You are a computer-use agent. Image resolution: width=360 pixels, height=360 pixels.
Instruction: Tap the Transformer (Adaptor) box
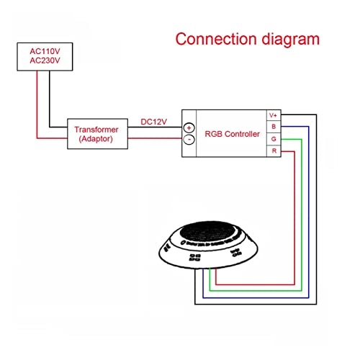(x=98, y=134)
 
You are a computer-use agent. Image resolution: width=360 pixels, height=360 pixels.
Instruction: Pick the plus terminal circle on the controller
(x=189, y=127)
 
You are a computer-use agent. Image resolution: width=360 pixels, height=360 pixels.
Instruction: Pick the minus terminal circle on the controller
(x=189, y=140)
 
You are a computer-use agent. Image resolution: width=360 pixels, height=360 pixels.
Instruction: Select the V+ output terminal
(x=273, y=115)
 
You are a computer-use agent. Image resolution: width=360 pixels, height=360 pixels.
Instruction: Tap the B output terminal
(x=273, y=127)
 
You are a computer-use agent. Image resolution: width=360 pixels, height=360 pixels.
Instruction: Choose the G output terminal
(x=273, y=138)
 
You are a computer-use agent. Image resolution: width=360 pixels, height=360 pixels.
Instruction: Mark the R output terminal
(x=273, y=150)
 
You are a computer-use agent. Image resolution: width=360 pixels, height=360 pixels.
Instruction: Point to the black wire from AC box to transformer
(x=49, y=101)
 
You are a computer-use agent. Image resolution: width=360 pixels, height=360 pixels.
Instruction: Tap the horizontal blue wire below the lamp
(x=252, y=297)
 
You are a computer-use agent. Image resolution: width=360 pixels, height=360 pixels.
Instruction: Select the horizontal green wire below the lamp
(x=252, y=291)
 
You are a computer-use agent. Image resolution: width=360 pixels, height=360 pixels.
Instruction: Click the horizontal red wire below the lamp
(x=252, y=285)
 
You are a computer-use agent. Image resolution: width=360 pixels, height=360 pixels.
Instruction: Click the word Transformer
(x=98, y=130)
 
